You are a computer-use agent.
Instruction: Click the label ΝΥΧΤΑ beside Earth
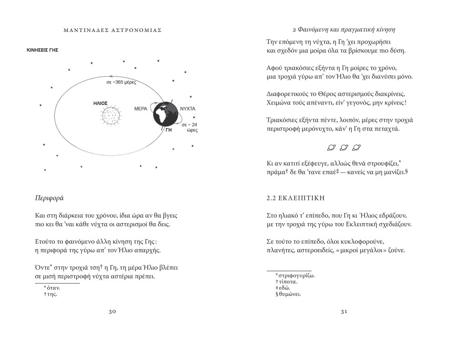coord(188,110)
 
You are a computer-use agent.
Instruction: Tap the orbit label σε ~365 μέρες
coord(122,83)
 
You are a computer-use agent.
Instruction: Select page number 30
coord(113,311)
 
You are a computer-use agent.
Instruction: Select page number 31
coord(344,311)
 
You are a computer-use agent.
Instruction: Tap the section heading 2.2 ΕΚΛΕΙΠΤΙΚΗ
coord(294,198)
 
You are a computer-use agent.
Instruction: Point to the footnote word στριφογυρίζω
coord(298,276)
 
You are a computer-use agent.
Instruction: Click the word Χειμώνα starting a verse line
coord(280,103)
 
